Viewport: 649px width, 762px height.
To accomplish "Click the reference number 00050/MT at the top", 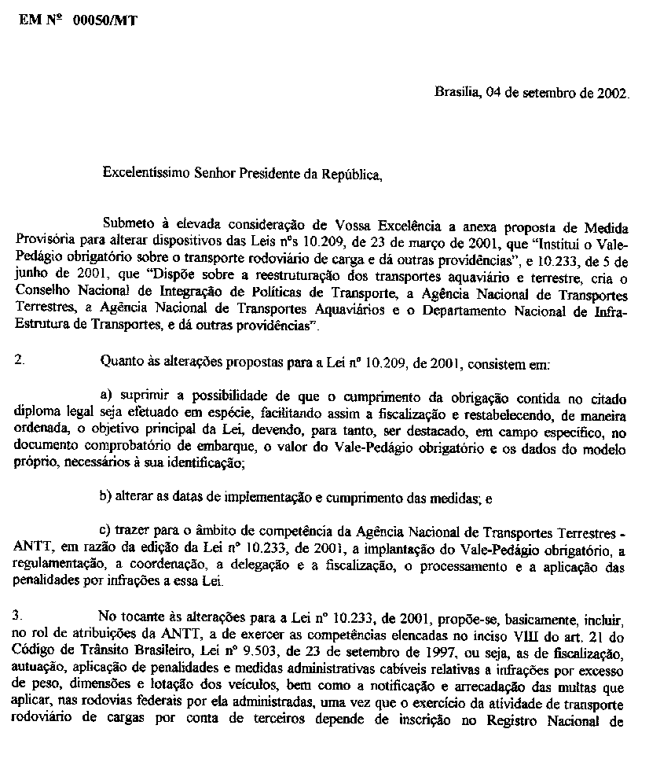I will tap(104, 22).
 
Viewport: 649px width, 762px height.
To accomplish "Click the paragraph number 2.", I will tap(19, 361).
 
